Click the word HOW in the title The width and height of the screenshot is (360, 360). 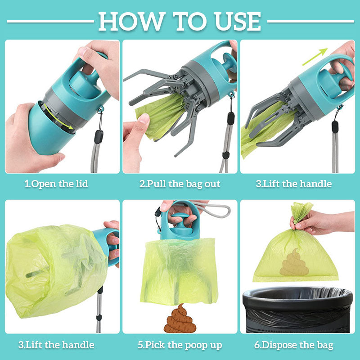[126, 21]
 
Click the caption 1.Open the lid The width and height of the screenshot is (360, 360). [56, 184]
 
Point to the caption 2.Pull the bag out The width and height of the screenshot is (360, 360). [180, 184]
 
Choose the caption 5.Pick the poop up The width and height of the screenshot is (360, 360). [180, 345]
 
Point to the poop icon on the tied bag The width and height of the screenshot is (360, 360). [295, 263]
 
